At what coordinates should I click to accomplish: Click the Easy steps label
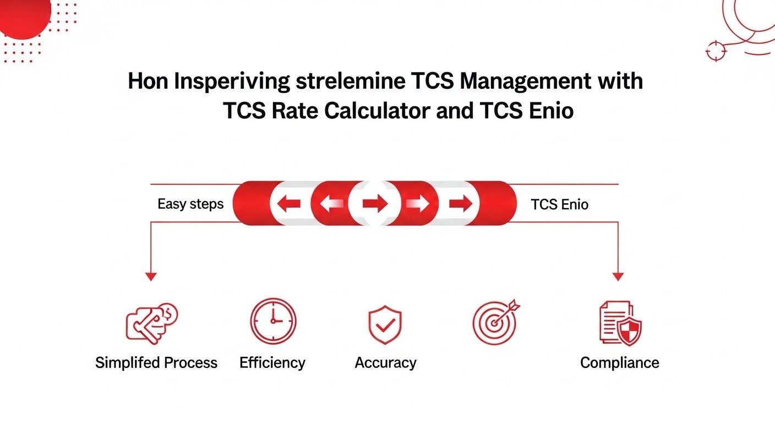click(190, 204)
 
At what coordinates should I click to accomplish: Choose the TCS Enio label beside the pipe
click(559, 205)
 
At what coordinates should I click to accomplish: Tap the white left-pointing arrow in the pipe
click(329, 204)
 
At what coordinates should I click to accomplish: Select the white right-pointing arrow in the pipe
click(418, 204)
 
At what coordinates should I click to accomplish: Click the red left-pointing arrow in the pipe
click(288, 204)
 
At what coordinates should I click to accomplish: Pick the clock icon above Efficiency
click(273, 321)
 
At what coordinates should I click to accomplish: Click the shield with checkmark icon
click(385, 325)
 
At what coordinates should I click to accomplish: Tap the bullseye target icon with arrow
click(495, 322)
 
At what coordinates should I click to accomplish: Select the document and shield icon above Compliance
click(620, 323)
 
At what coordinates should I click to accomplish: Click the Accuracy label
click(385, 363)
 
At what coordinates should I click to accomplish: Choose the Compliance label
click(619, 363)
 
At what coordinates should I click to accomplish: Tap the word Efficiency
click(272, 363)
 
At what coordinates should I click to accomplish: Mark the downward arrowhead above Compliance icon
click(618, 276)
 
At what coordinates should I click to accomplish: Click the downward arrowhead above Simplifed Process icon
click(151, 276)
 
